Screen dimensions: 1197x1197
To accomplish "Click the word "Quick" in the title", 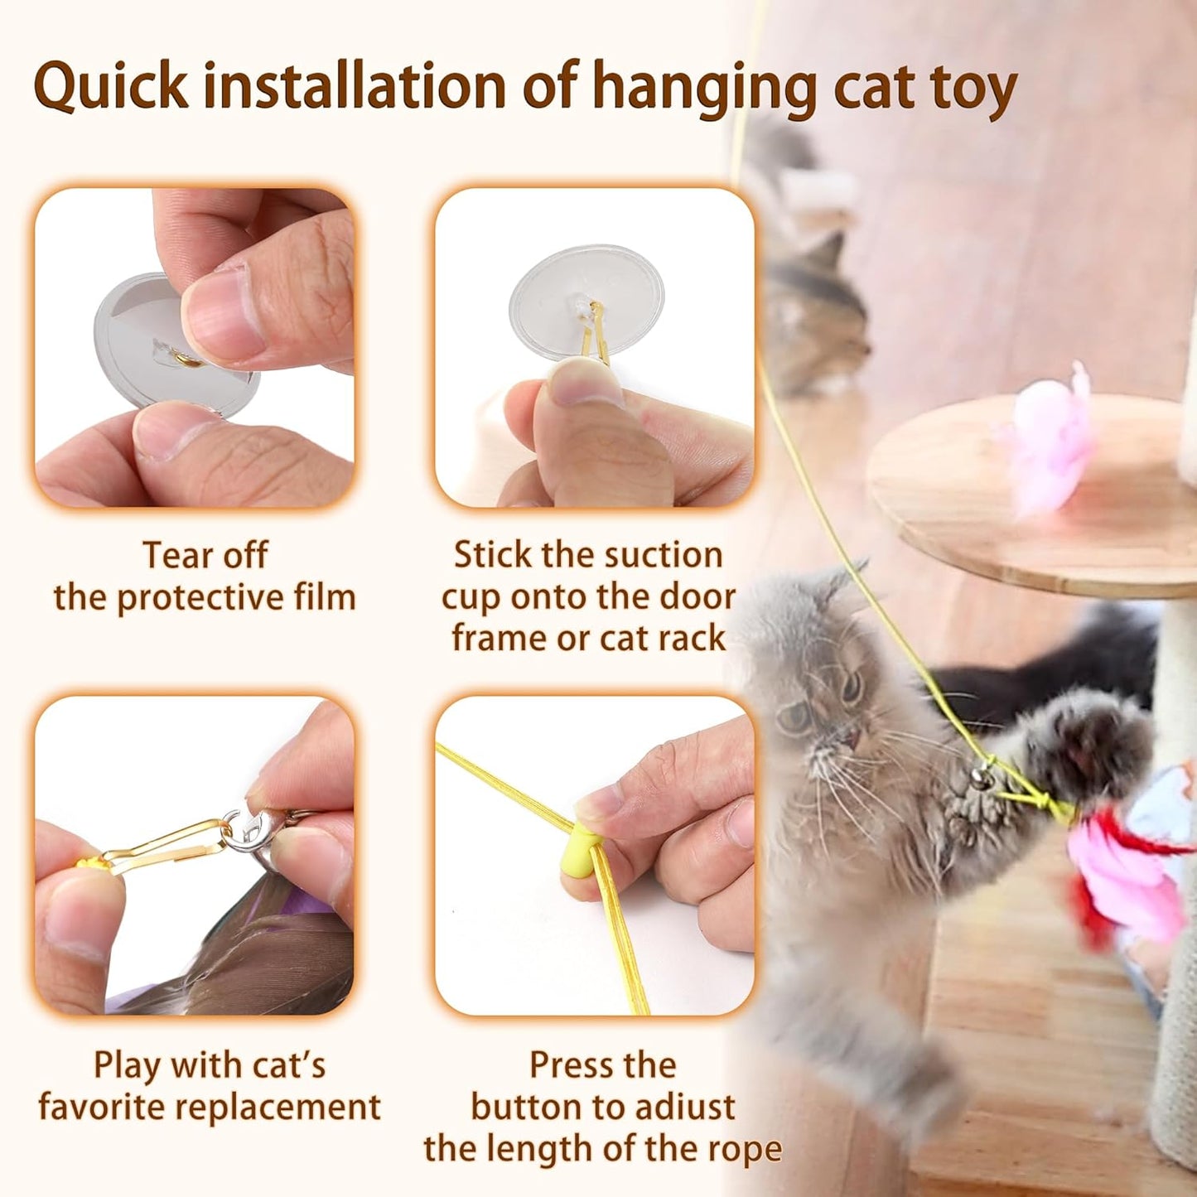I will [x=111, y=86].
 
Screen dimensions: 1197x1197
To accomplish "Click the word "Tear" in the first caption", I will [x=171, y=555].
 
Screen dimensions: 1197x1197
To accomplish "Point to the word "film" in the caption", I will [x=324, y=597].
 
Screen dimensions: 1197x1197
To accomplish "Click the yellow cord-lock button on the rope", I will [x=582, y=852].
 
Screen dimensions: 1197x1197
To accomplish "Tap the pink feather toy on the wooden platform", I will [x=1050, y=439].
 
